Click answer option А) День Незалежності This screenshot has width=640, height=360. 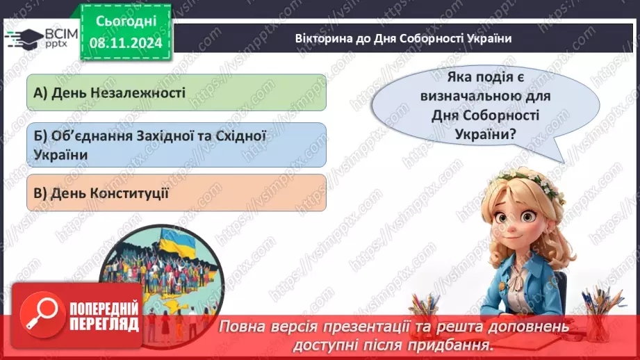[177, 92]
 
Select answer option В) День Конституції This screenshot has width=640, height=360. [177, 193]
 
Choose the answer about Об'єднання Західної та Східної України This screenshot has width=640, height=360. [177, 145]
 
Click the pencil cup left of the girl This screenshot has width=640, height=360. [425, 313]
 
